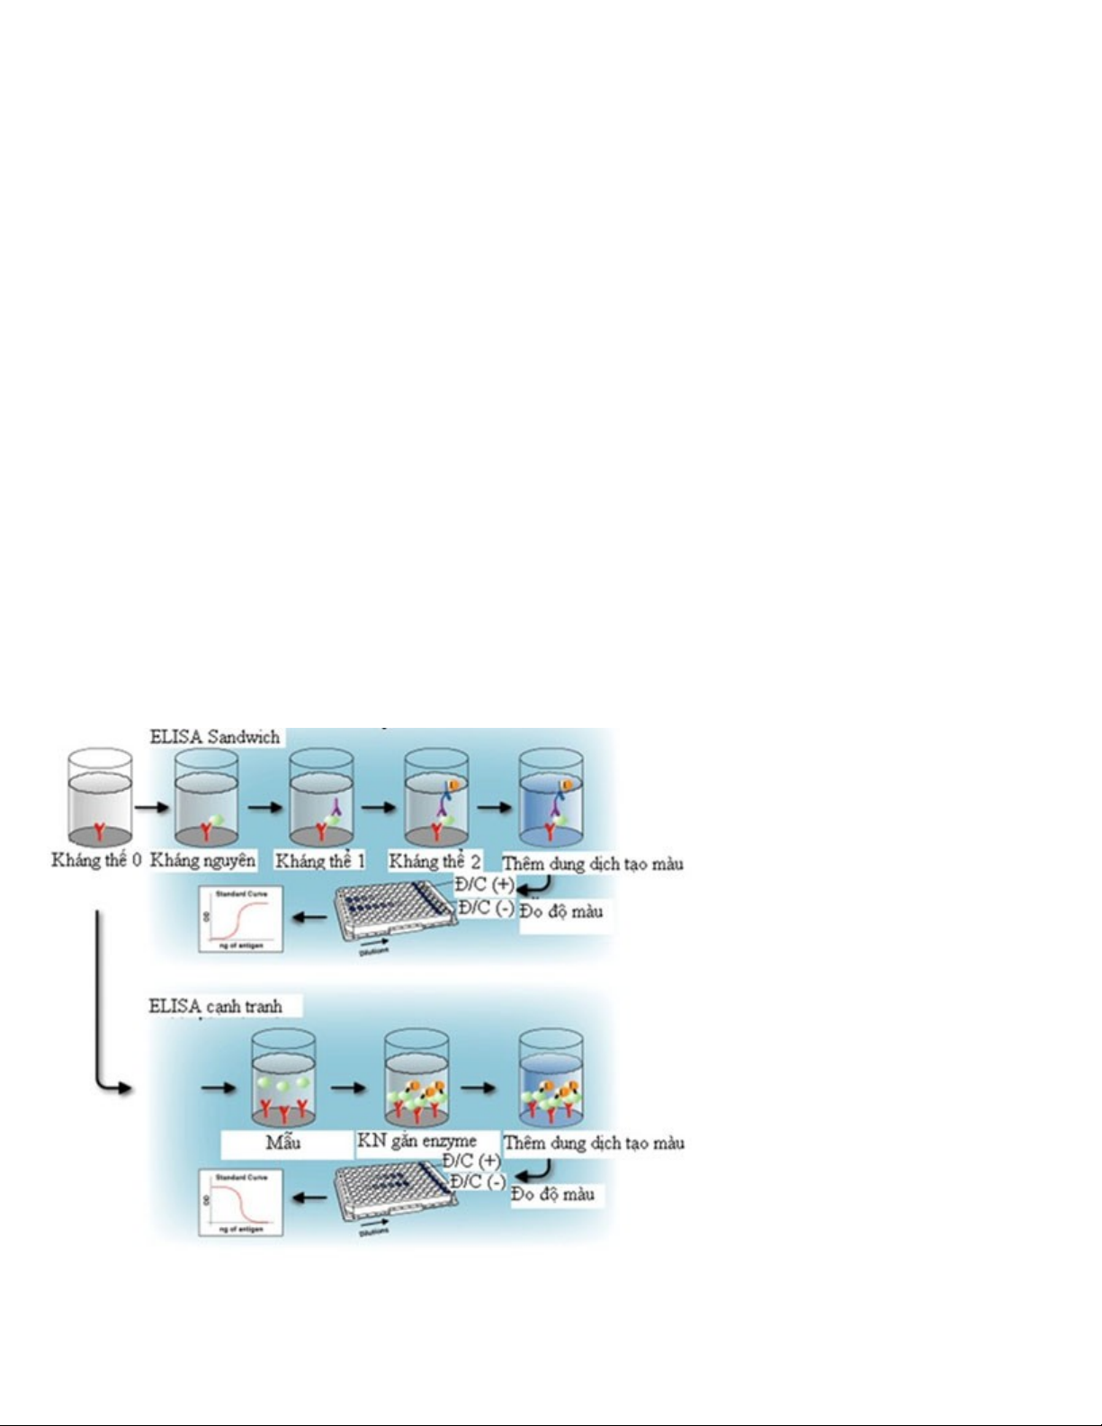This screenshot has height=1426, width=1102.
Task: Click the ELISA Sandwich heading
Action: point(214,737)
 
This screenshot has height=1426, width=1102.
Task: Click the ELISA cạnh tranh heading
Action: point(215,1006)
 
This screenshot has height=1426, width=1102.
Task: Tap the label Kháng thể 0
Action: point(96,860)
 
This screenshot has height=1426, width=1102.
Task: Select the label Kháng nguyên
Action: point(202,860)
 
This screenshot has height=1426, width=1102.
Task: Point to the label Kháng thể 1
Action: point(320,861)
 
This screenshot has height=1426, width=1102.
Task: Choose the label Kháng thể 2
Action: point(435,861)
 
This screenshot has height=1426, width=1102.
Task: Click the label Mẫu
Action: point(283,1143)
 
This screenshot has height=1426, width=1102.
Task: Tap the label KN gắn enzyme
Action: point(417,1142)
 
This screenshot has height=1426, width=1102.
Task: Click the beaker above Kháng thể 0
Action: point(100,797)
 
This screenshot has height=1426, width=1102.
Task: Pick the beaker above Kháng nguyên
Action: point(206,797)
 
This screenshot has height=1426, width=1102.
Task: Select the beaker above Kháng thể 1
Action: point(321,797)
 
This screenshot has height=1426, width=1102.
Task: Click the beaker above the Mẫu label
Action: point(283,1078)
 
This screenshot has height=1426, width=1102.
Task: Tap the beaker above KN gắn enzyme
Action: point(417,1078)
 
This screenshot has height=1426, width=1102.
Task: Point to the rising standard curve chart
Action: point(241,919)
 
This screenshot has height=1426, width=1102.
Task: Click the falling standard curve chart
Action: point(241,1203)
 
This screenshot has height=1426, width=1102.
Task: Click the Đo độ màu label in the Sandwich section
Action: point(561,911)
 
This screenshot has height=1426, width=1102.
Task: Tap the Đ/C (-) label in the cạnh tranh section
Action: point(478,1181)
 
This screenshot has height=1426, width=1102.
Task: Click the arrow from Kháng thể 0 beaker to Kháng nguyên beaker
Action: point(152,807)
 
